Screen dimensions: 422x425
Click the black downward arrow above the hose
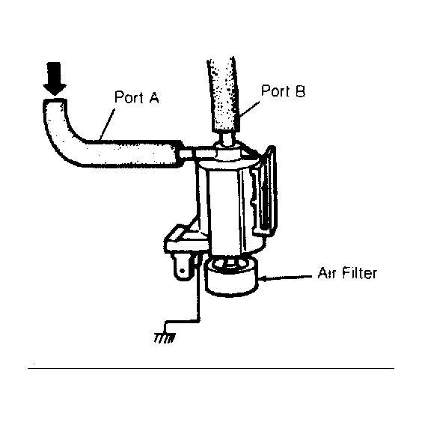click(55, 79)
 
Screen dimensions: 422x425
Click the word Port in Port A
click(129, 97)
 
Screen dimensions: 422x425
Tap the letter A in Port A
click(153, 97)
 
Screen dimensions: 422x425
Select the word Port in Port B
click(275, 91)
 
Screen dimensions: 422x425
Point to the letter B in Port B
click(300, 91)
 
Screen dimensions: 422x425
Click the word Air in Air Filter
click(328, 273)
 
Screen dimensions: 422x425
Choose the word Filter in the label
click(359, 272)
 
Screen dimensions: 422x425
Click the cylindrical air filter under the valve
click(231, 277)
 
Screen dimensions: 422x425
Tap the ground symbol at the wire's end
click(165, 338)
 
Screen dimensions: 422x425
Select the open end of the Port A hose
click(55, 100)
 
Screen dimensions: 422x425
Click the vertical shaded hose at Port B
click(224, 95)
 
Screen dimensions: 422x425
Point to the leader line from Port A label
click(107, 124)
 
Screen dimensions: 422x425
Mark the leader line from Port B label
click(249, 109)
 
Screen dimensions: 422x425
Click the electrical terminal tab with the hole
click(182, 267)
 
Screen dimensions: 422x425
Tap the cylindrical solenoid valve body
click(230, 206)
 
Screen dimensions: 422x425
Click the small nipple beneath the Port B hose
click(227, 138)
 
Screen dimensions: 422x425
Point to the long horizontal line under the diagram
click(211, 368)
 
